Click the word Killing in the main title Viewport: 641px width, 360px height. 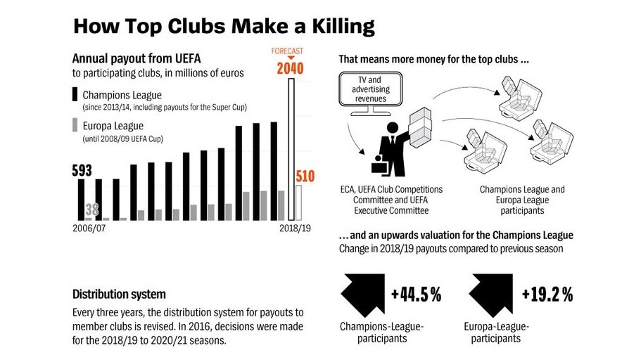tap(331, 26)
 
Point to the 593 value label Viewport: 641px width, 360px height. tap(82, 171)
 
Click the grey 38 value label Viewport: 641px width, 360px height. tap(92, 209)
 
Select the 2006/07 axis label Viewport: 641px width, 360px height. tap(90, 229)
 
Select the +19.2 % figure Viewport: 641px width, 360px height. tap(546, 295)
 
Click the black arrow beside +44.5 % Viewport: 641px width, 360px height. tap(361, 294)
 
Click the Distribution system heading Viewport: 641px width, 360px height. tap(120, 294)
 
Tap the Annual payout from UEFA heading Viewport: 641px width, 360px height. tap(137, 59)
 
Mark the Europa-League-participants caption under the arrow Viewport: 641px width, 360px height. tap(496, 333)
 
